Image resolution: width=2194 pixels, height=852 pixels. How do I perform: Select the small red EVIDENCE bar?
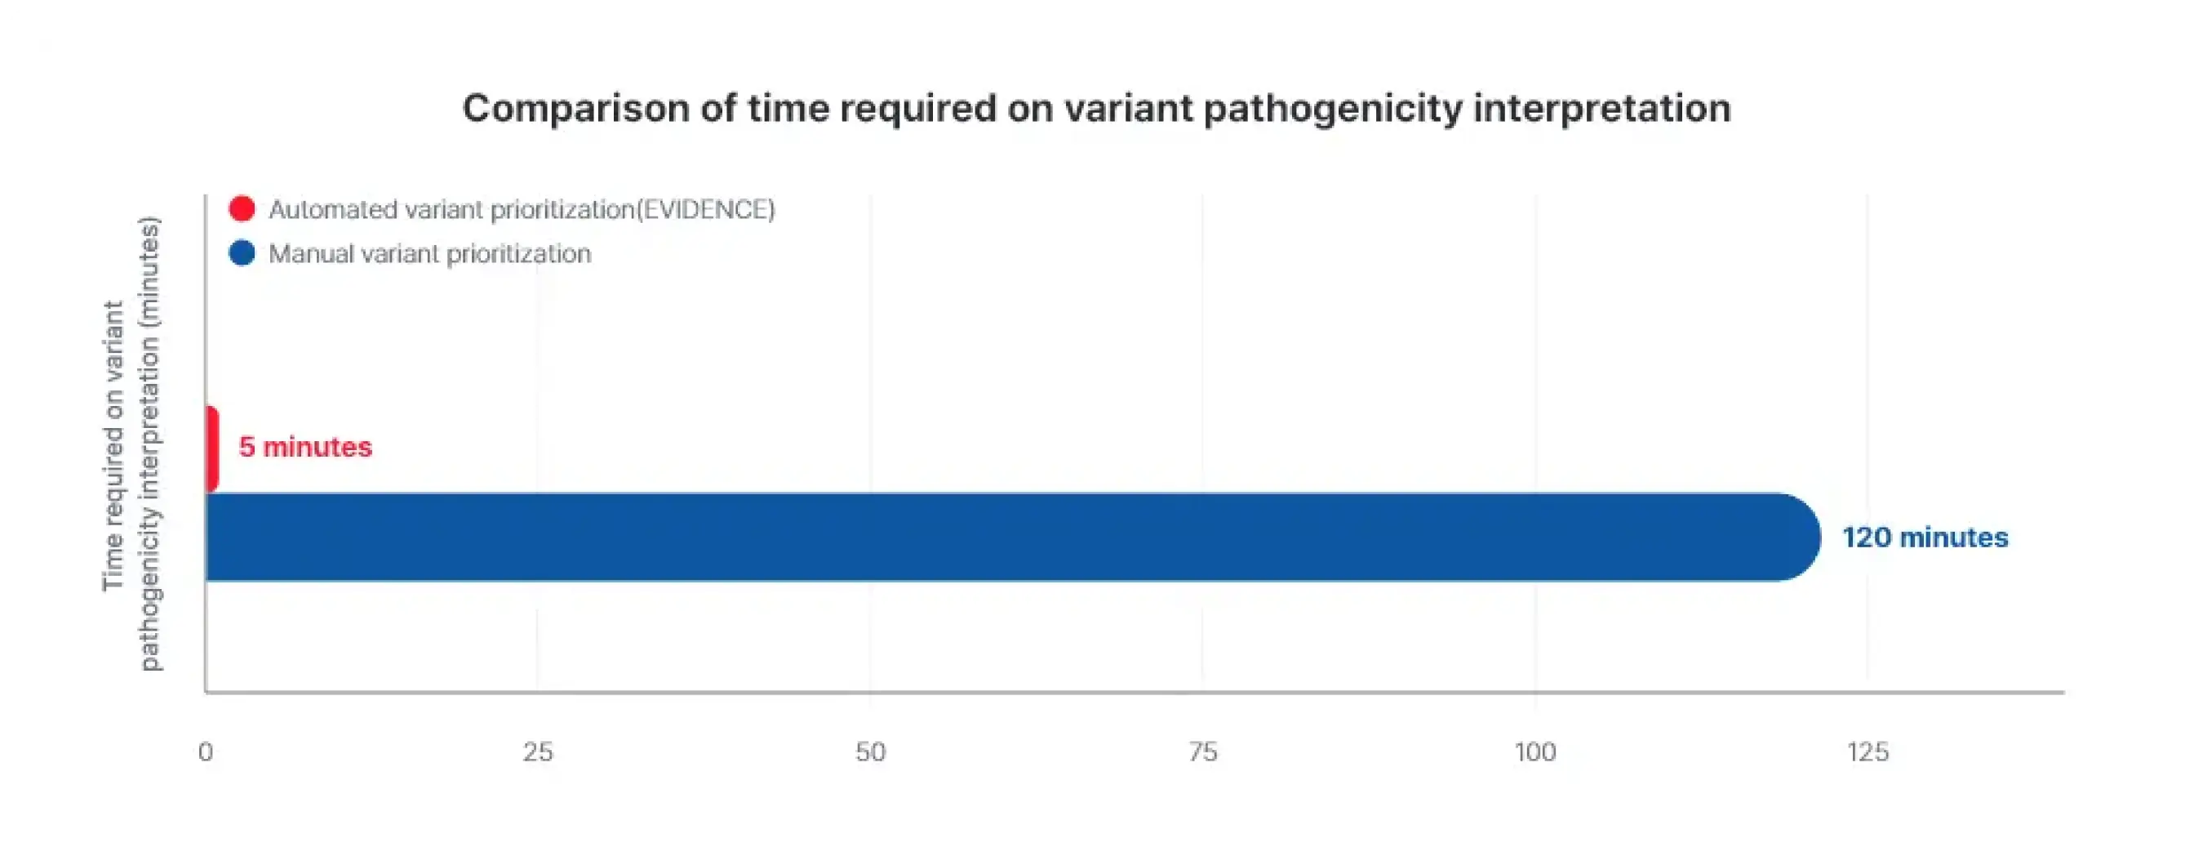pyautogui.click(x=212, y=449)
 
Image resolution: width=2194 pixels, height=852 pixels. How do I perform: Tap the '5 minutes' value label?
pyautogui.click(x=305, y=448)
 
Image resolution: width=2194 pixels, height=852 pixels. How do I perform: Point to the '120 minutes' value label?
pyautogui.click(x=1925, y=538)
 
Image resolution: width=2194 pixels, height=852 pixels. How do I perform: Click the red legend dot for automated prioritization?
pyautogui.click(x=242, y=209)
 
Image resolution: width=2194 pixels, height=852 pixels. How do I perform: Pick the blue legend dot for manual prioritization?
pyautogui.click(x=242, y=253)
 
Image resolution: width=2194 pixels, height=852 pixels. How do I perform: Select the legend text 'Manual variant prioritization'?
pyautogui.click(x=429, y=254)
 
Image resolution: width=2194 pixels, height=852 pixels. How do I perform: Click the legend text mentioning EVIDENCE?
pyautogui.click(x=522, y=210)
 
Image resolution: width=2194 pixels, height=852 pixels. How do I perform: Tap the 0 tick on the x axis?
pyautogui.click(x=205, y=752)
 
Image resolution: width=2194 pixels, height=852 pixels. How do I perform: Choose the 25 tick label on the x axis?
pyautogui.click(x=537, y=752)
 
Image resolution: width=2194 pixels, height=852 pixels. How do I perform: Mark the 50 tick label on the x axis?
pyautogui.click(x=870, y=752)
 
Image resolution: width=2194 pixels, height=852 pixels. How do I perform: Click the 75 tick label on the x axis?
pyautogui.click(x=1202, y=752)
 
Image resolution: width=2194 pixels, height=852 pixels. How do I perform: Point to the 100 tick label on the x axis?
pyautogui.click(x=1534, y=752)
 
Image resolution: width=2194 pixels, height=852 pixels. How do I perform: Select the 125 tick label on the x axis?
pyautogui.click(x=1868, y=752)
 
